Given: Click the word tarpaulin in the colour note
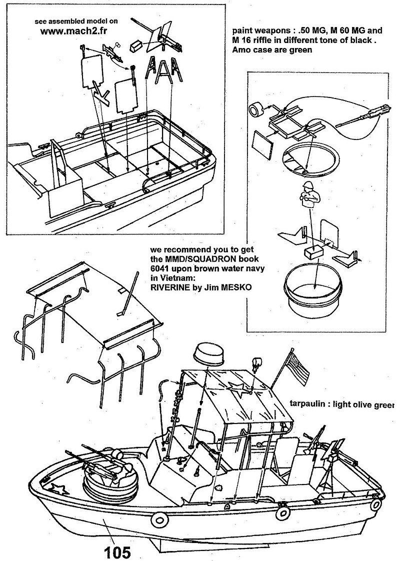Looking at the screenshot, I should point(307,403).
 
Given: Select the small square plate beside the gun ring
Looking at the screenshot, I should point(263,143).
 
